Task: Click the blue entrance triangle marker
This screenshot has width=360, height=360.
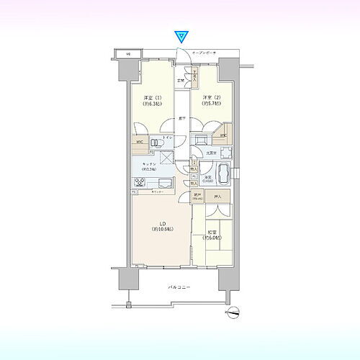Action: click(182, 35)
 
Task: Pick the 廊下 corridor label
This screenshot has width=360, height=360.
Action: click(183, 119)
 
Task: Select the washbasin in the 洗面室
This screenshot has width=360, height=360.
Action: click(225, 152)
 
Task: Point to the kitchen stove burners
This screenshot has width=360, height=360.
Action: click(138, 183)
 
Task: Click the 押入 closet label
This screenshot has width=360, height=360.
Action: click(220, 196)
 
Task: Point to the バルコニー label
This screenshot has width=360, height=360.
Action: click(179, 287)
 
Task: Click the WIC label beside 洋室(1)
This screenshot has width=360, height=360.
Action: click(138, 142)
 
